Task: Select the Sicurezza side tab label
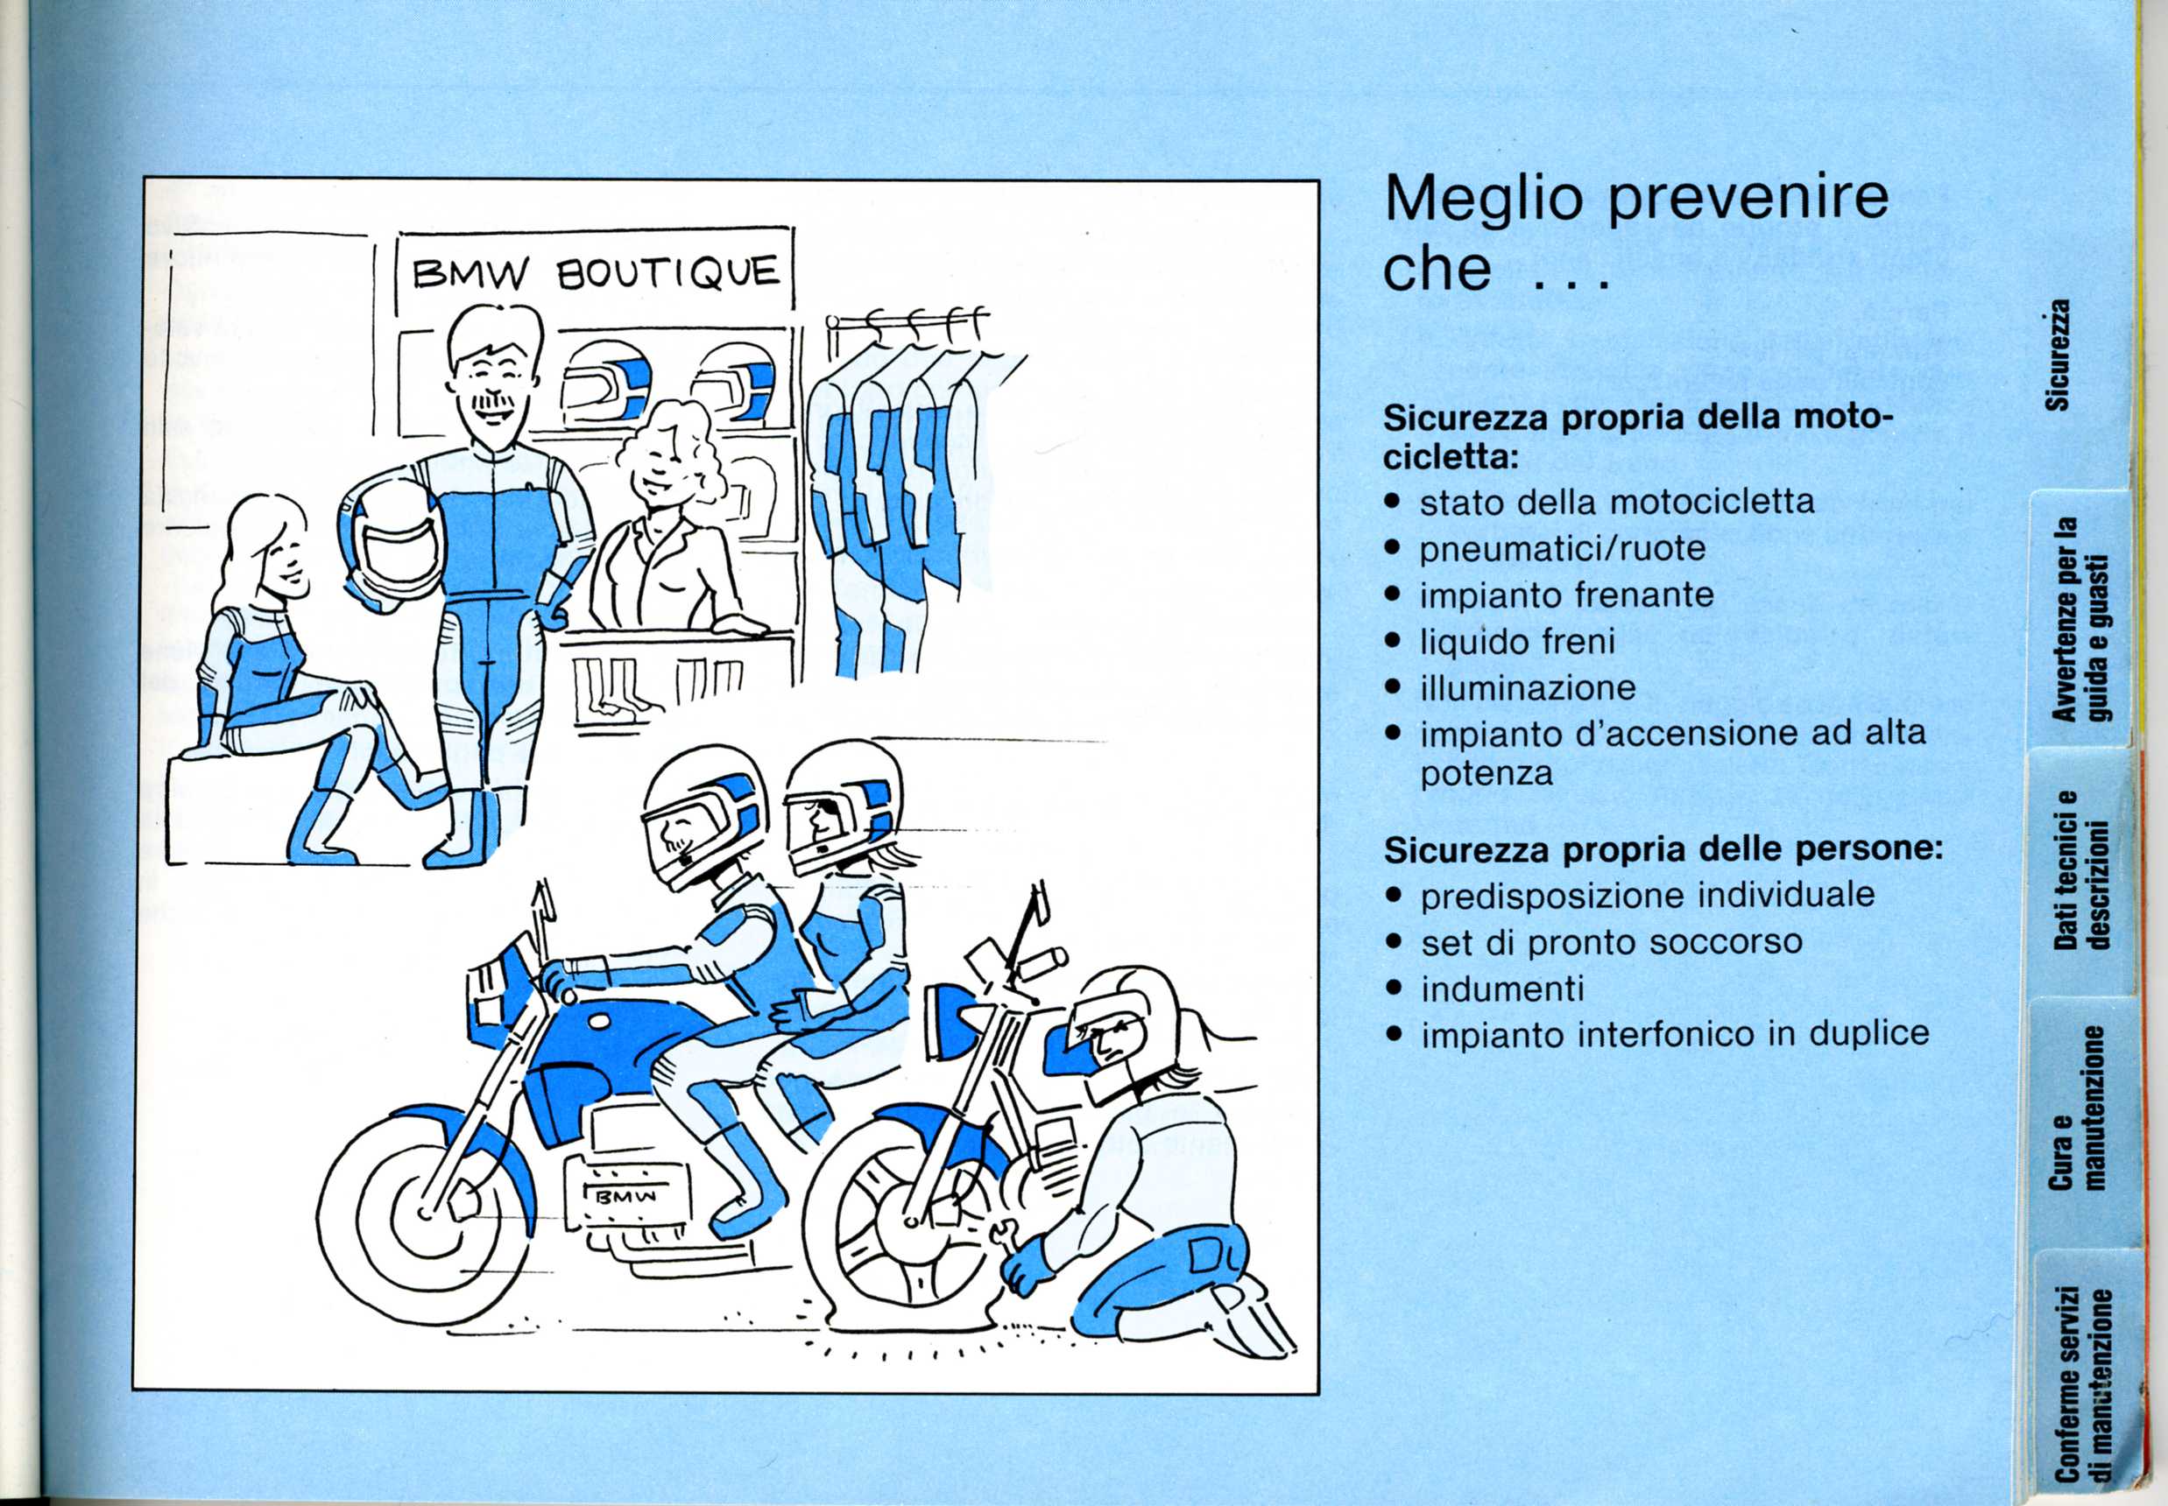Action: point(2058,355)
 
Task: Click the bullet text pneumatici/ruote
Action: point(1563,548)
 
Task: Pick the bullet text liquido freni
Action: point(1518,642)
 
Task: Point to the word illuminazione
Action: point(1528,687)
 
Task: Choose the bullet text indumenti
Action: point(1502,988)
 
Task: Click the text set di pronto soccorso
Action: point(1612,942)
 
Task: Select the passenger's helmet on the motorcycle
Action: point(840,806)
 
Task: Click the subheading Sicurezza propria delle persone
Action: point(1663,850)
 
